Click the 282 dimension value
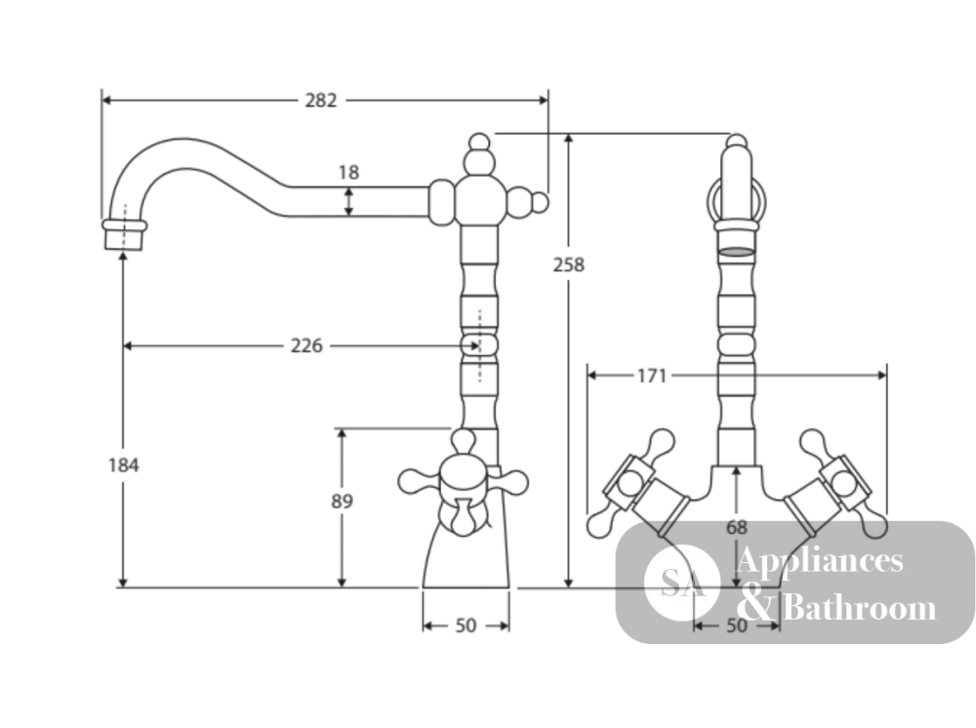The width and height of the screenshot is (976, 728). pyautogui.click(x=320, y=101)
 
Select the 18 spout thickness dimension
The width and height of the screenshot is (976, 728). pyautogui.click(x=348, y=172)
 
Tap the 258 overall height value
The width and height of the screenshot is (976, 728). pyautogui.click(x=569, y=265)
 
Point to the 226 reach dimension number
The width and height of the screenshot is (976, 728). pyautogui.click(x=306, y=345)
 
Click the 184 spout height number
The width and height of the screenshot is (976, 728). pyautogui.click(x=123, y=465)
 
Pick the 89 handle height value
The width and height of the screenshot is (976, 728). pyautogui.click(x=342, y=501)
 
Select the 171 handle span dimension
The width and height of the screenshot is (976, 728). pyautogui.click(x=652, y=376)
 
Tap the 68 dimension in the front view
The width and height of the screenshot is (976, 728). pyautogui.click(x=736, y=528)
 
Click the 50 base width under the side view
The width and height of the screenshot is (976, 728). pyautogui.click(x=466, y=626)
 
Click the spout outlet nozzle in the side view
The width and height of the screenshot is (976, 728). pyautogui.click(x=125, y=234)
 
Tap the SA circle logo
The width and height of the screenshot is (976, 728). pyautogui.click(x=682, y=583)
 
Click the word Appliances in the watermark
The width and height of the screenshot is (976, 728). pyautogui.click(x=819, y=560)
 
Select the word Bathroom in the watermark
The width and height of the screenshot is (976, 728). pyautogui.click(x=859, y=607)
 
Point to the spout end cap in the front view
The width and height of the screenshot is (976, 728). pyautogui.click(x=736, y=236)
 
